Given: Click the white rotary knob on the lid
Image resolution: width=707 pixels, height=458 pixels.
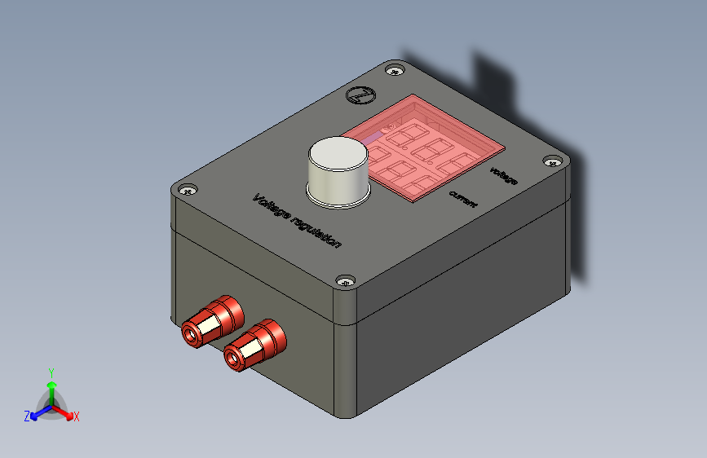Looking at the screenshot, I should tap(338, 168).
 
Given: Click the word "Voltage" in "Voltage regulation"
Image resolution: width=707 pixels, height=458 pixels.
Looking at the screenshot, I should tap(271, 207).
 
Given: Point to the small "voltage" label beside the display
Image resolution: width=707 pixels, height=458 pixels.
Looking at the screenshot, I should tap(503, 174).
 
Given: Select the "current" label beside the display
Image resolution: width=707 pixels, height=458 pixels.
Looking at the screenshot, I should tap(462, 197).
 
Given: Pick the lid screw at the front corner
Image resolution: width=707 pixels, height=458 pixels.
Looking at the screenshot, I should tap(346, 280).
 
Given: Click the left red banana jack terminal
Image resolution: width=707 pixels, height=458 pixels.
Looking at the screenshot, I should tap(211, 322).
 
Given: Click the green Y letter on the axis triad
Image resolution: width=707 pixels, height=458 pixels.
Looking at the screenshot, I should tap(51, 372).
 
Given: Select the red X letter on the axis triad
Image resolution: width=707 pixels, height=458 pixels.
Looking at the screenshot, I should tap(77, 416).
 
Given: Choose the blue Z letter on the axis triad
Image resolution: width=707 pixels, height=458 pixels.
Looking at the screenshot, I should tap(27, 416).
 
